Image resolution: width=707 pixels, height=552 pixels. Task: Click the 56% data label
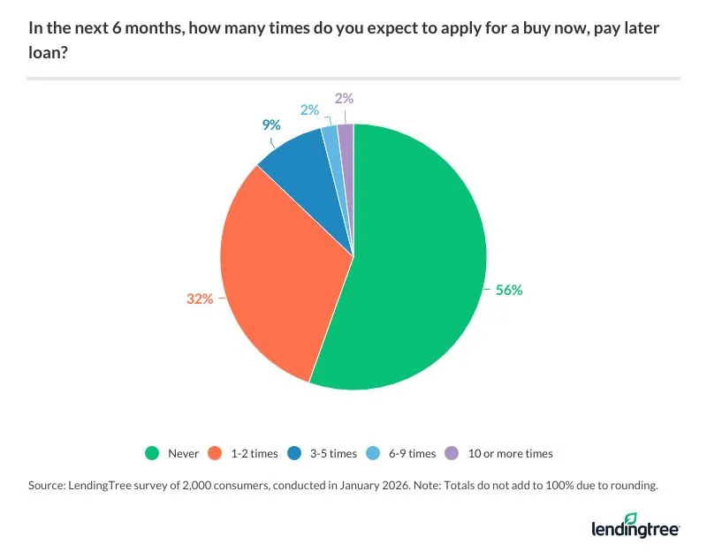click(509, 290)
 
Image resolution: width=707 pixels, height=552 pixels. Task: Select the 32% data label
click(200, 299)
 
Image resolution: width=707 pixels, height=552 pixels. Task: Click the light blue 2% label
click(310, 110)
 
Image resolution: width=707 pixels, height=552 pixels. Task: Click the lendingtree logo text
click(635, 529)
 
